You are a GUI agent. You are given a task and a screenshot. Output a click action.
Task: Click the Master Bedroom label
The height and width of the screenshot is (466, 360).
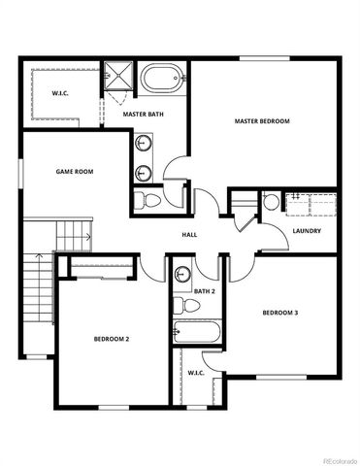point(263,121)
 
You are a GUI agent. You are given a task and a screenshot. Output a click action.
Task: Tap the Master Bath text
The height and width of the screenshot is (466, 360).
point(142,114)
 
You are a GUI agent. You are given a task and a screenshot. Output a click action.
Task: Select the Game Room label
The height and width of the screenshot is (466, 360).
point(73,171)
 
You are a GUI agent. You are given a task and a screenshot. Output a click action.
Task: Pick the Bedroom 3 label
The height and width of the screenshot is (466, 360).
point(280,313)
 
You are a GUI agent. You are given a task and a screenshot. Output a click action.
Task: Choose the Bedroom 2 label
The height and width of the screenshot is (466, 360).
point(112,339)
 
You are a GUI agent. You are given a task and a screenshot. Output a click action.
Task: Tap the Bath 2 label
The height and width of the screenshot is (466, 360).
point(204,291)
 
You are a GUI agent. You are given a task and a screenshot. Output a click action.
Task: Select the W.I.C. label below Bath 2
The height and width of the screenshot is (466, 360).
point(195,372)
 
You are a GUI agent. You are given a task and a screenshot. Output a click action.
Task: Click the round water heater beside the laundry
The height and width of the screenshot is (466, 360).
point(272,203)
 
